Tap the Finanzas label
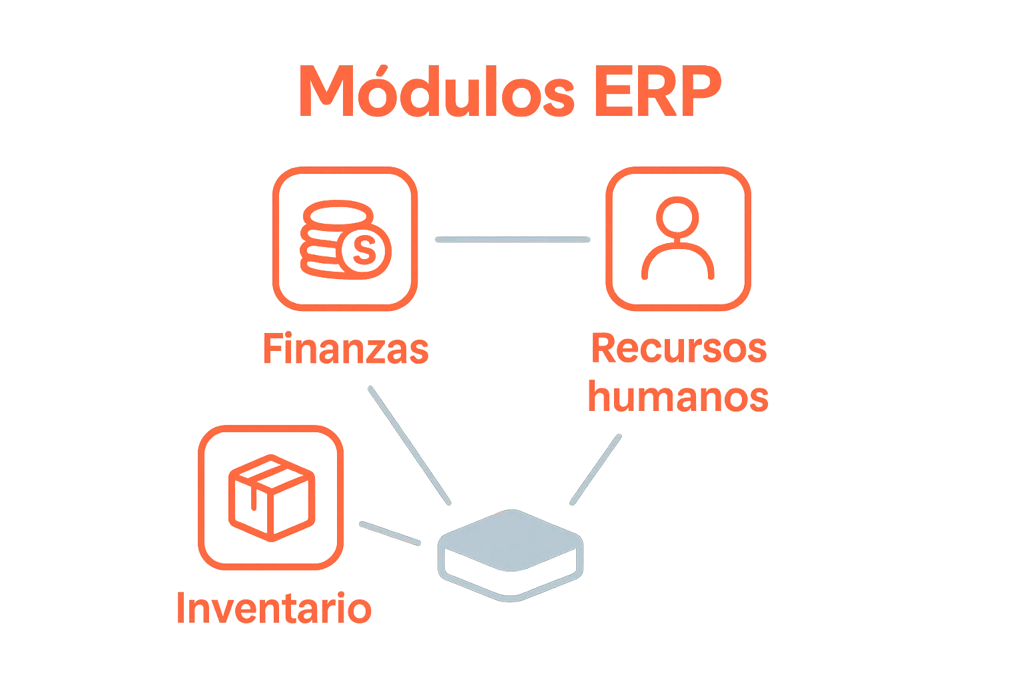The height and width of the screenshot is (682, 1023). tap(345, 348)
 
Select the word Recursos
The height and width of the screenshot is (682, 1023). tap(678, 348)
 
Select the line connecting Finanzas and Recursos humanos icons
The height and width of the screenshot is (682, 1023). tap(511, 239)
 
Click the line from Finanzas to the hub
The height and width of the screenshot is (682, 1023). tap(408, 443)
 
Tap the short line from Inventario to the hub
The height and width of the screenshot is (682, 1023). tap(390, 533)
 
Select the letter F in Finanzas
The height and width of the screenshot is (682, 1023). tap(270, 348)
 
